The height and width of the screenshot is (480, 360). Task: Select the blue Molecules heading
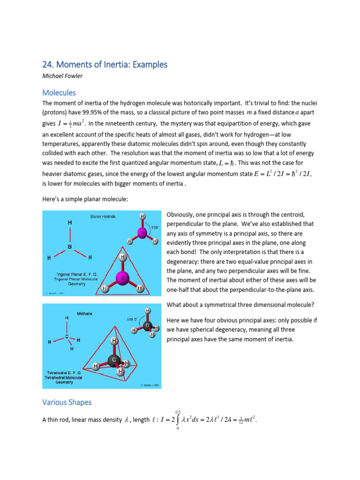59,92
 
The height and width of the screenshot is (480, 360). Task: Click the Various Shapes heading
67,402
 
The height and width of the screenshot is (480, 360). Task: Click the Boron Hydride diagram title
103,217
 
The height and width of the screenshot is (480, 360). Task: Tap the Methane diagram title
84,311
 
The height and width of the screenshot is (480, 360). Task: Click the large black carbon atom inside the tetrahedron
112,360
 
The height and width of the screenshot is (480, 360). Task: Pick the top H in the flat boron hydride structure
70,223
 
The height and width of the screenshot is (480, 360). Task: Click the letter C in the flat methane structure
67,336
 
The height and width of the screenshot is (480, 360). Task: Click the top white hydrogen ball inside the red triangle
122,257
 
